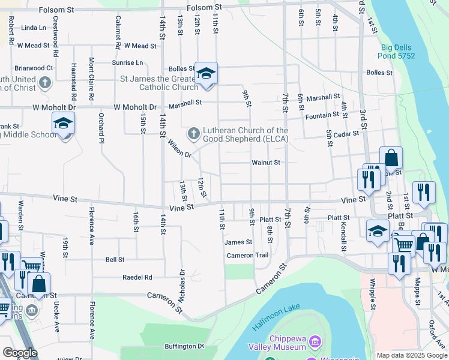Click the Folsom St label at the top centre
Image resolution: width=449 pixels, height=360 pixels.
(x=204, y=7)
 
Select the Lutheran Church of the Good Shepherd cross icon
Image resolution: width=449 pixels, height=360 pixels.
(x=193, y=133)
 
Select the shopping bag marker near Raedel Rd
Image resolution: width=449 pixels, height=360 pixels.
(x=39, y=285)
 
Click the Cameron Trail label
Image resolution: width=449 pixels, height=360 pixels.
(x=247, y=256)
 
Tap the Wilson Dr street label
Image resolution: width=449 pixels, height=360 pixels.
(x=179, y=149)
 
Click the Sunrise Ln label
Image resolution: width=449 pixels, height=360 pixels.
(x=127, y=62)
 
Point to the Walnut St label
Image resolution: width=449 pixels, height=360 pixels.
(x=266, y=162)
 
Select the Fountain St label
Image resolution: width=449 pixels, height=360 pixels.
(x=322, y=115)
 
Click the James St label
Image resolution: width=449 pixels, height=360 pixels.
(x=238, y=242)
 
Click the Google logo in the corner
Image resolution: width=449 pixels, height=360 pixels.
(x=20, y=353)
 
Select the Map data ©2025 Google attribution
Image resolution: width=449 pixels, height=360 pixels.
(x=412, y=355)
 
